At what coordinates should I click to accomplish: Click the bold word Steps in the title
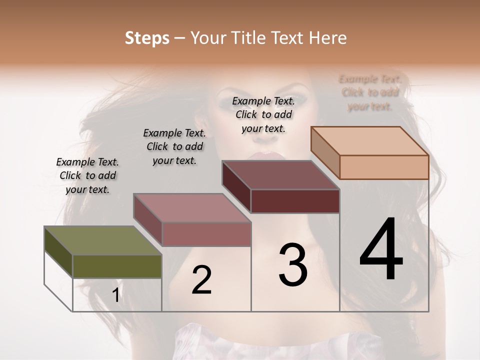click(146, 38)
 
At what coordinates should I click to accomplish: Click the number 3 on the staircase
click(292, 264)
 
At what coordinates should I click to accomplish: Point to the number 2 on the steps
click(201, 280)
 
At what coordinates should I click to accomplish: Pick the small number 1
click(115, 295)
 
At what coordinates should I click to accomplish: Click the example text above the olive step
click(87, 175)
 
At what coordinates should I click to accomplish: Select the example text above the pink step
click(174, 146)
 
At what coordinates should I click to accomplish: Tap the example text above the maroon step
click(263, 114)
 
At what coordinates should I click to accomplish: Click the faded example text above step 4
click(370, 92)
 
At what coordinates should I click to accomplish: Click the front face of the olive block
click(117, 266)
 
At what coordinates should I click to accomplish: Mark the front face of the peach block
click(384, 167)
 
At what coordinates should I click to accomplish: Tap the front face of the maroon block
click(295, 201)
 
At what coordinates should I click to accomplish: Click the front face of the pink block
click(206, 234)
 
